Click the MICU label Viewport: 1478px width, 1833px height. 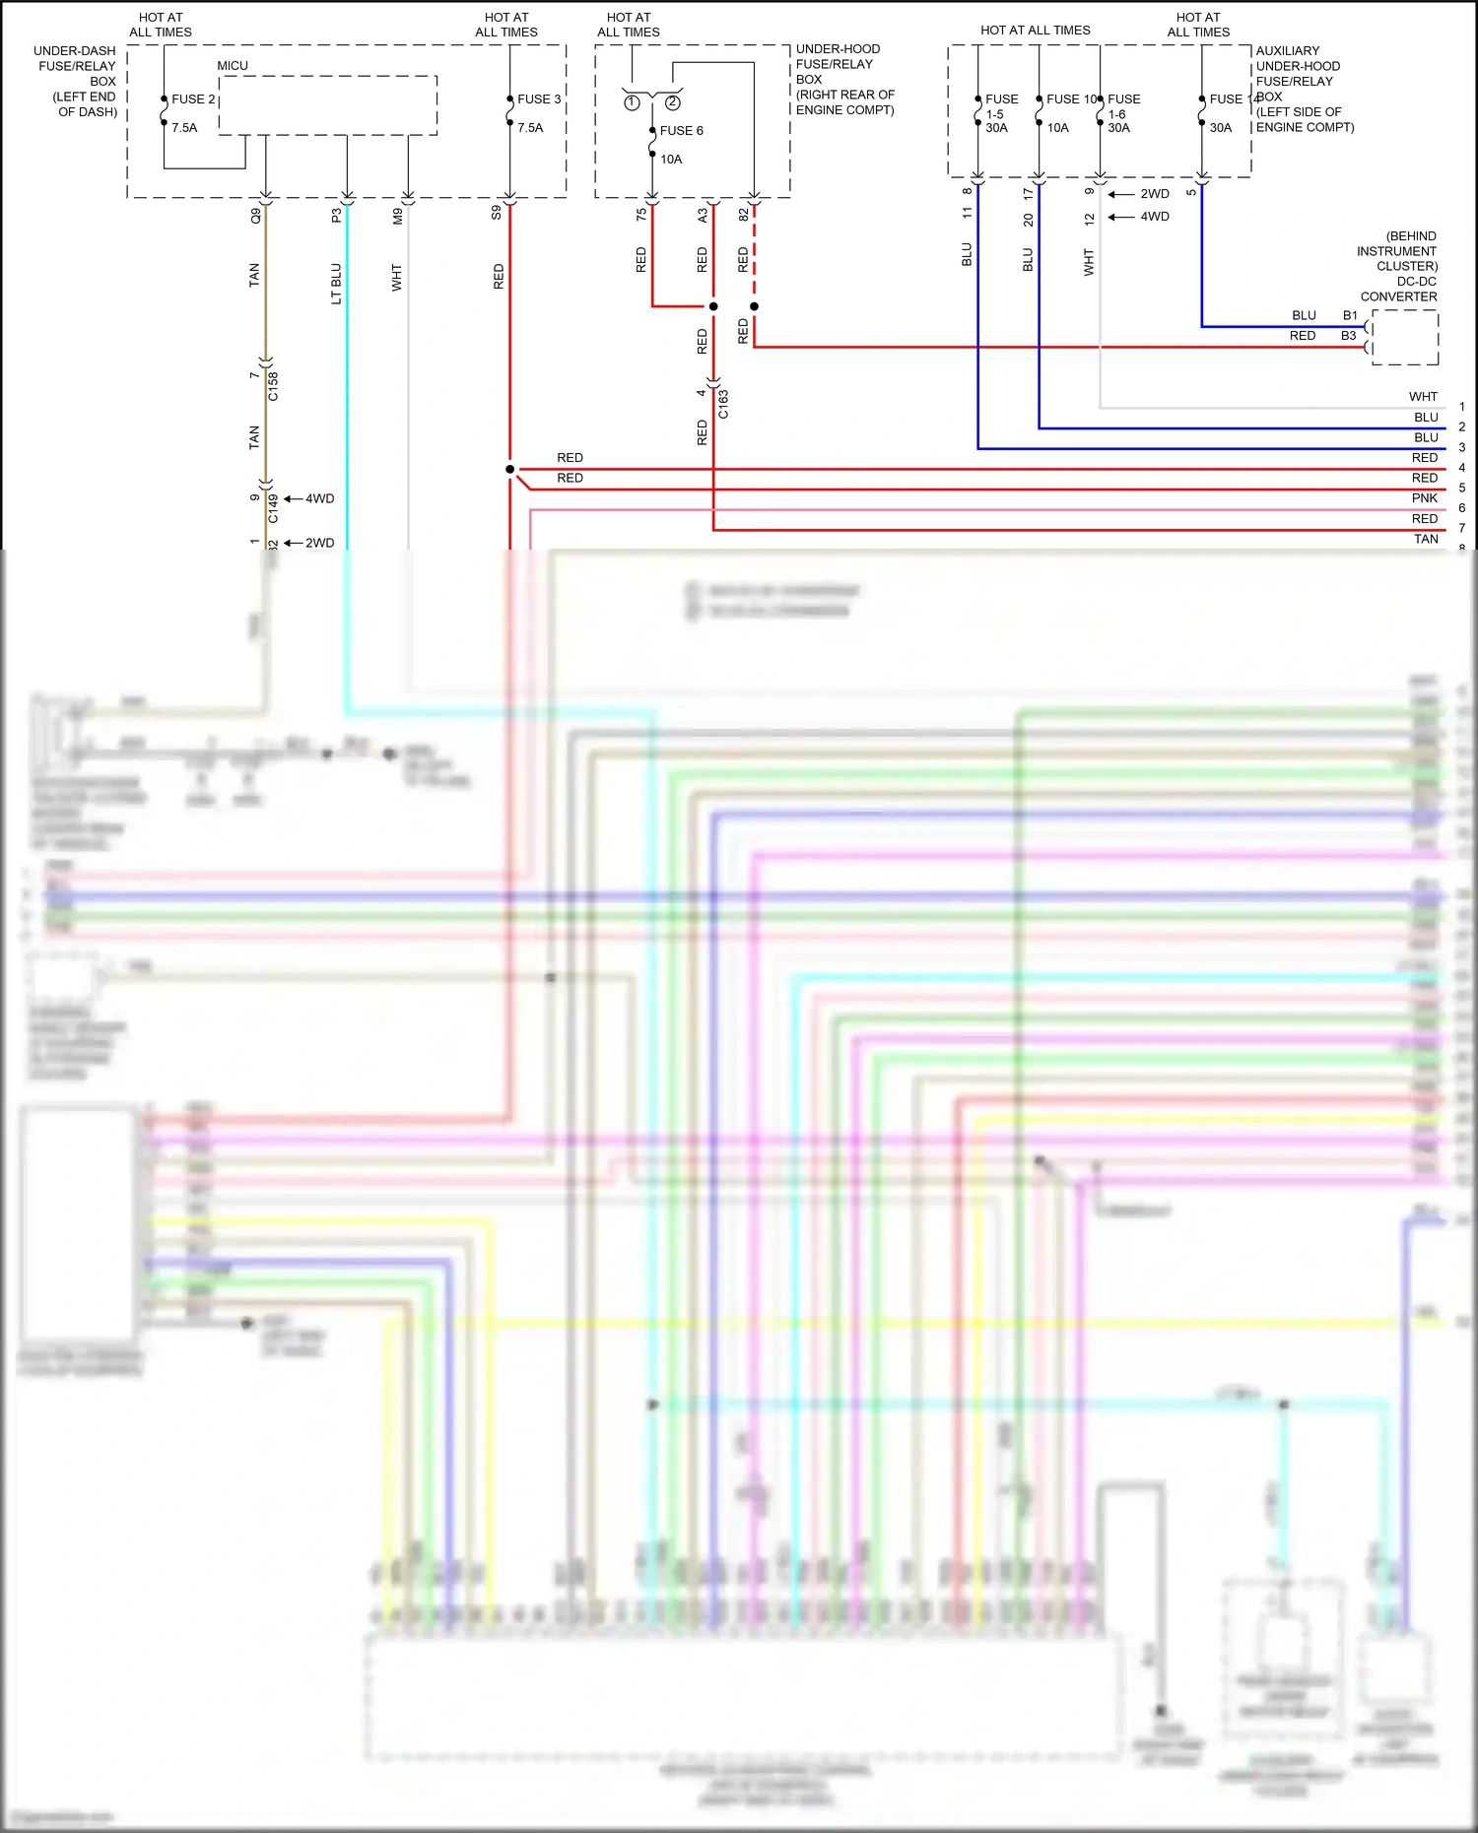click(233, 66)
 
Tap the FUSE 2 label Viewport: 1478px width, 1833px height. click(193, 99)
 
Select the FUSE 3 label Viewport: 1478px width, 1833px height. click(539, 99)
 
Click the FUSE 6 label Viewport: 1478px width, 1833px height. click(681, 131)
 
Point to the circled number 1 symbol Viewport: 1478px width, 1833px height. click(632, 102)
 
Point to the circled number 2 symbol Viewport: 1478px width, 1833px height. click(673, 102)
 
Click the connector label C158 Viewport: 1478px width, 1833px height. click(273, 386)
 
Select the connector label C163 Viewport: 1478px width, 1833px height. click(723, 404)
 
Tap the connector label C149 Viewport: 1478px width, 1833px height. click(273, 508)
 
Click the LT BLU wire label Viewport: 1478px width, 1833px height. click(336, 284)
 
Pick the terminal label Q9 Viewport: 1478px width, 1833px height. click(256, 215)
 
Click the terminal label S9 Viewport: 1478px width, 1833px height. click(497, 212)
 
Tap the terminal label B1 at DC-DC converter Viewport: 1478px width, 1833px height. click(1350, 315)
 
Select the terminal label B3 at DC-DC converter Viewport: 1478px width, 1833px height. click(1348, 336)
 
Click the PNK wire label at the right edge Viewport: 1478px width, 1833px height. click(1424, 498)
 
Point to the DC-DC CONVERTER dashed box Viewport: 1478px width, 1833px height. click(1405, 338)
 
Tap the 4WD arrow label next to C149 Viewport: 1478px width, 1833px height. click(318, 498)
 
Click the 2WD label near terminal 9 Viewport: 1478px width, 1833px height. click(1154, 194)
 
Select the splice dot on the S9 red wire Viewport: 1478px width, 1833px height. click(509, 469)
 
